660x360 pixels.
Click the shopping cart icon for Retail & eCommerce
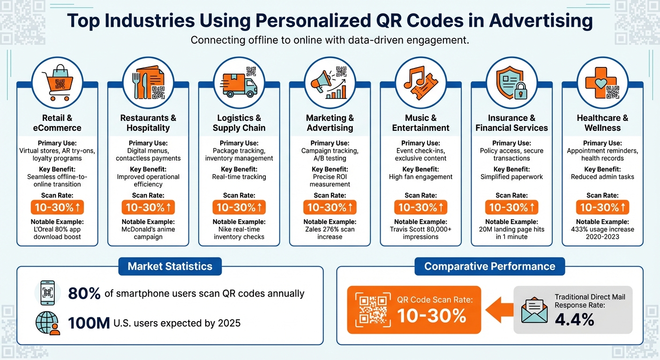point(57,82)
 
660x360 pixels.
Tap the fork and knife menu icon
point(148,82)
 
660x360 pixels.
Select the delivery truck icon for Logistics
point(239,82)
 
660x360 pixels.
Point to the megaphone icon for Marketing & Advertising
point(330,82)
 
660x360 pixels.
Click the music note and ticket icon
point(420,82)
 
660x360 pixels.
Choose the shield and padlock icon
point(511,82)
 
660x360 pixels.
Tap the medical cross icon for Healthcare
point(602,82)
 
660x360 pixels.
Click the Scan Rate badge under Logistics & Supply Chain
point(239,207)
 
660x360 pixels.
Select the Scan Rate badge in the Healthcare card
point(602,207)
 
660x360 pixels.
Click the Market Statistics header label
point(170,266)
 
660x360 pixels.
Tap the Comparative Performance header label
point(489,266)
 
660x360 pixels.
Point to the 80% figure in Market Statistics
point(84,294)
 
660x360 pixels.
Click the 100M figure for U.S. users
point(89,323)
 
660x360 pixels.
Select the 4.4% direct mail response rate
point(574,319)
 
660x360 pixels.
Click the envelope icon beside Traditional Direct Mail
point(534,310)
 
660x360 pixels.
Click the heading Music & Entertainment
point(420,123)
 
